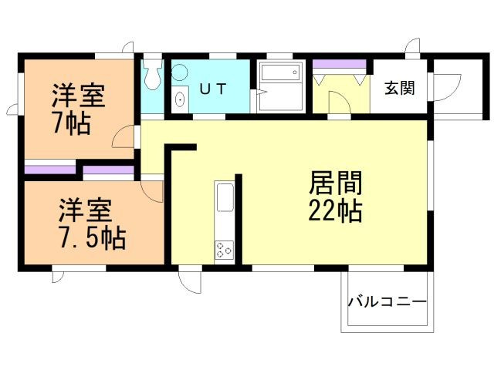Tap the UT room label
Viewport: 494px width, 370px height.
213,89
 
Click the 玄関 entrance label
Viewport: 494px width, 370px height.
400,88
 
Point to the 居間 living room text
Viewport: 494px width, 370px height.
336,183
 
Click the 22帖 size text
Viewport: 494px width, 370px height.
335,211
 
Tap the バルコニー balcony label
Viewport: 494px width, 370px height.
387,302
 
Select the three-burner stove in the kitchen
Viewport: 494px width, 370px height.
225,251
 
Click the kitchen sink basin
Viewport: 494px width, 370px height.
225,198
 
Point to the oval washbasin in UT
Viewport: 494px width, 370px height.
180,99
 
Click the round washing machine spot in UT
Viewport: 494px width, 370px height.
180,72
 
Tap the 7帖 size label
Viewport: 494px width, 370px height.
72,123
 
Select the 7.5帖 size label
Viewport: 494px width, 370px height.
93,237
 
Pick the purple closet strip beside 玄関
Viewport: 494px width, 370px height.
340,64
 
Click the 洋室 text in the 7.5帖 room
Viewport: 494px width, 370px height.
86,210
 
